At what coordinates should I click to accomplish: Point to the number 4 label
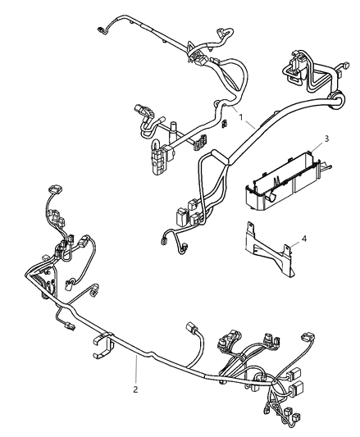pos(303,239)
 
